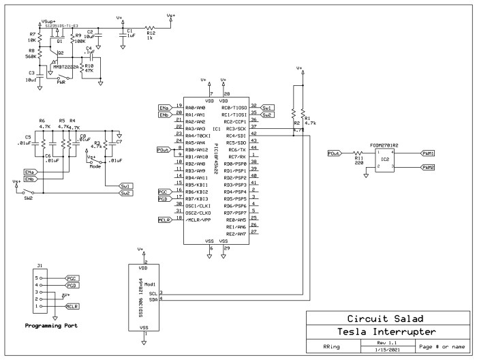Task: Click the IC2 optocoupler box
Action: [x=386, y=160]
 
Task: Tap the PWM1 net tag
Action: [x=427, y=153]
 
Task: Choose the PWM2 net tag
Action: [x=427, y=167]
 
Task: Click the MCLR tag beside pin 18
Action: [x=164, y=220]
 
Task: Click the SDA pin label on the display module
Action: [x=153, y=298]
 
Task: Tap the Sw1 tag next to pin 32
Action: [x=268, y=108]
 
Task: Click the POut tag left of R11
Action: [x=334, y=153]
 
